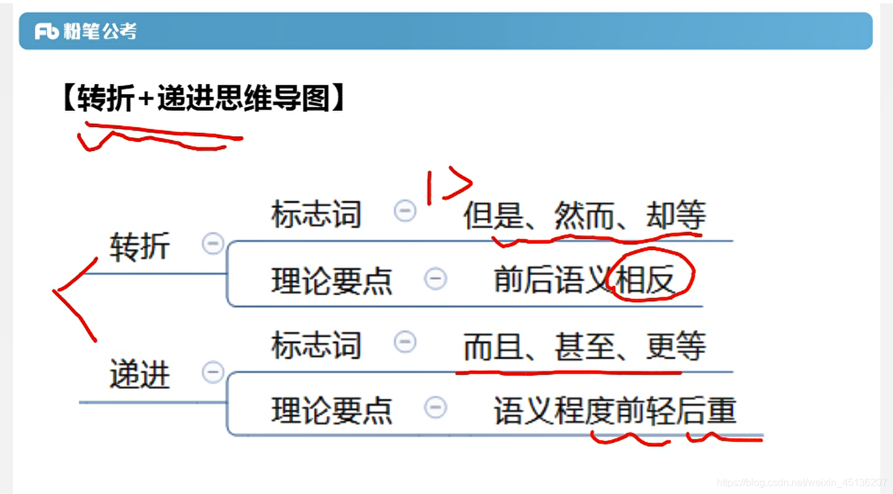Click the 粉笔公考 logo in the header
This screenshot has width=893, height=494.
pos(85,31)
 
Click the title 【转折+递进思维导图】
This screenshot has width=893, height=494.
pos(203,98)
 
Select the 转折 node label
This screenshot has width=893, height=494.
pos(139,246)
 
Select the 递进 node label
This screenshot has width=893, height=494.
pos(139,376)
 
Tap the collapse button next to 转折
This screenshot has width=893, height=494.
pos(213,243)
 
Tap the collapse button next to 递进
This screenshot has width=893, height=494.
pos(213,372)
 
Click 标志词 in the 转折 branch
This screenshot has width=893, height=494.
pos(316,215)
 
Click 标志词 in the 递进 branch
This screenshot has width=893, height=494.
pos(316,345)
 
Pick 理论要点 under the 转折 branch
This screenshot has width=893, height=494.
pos(331,281)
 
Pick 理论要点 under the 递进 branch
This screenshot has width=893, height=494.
pos(331,411)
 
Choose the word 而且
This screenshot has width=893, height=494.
pos(493,347)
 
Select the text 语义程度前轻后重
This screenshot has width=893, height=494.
pos(615,411)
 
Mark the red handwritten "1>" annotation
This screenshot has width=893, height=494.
pos(447,187)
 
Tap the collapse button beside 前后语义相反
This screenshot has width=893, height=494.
pos(435,278)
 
